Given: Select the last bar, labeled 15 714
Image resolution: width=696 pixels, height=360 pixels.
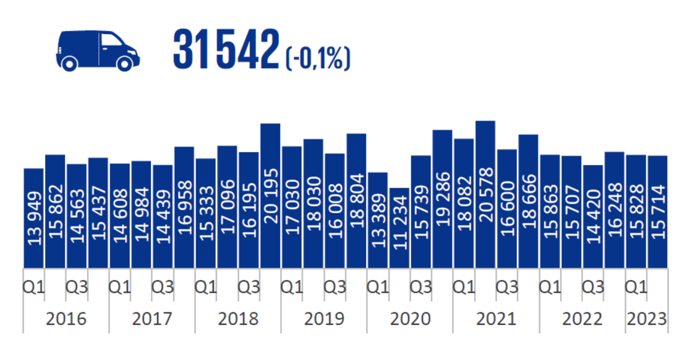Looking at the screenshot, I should (658, 212).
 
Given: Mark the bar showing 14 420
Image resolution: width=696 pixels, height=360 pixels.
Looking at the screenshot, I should (593, 216).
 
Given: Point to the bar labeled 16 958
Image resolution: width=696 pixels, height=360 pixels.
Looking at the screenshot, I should (184, 207).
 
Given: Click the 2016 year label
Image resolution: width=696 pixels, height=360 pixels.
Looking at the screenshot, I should (66, 319).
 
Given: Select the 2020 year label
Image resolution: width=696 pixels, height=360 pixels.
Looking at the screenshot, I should (410, 319).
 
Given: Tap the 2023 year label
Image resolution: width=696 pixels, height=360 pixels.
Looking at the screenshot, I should (647, 319).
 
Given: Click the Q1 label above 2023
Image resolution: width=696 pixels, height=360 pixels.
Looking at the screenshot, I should (636, 287).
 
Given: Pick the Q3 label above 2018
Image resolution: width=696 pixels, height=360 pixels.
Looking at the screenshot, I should (249, 287).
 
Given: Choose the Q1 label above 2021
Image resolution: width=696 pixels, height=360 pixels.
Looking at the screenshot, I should (464, 287).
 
